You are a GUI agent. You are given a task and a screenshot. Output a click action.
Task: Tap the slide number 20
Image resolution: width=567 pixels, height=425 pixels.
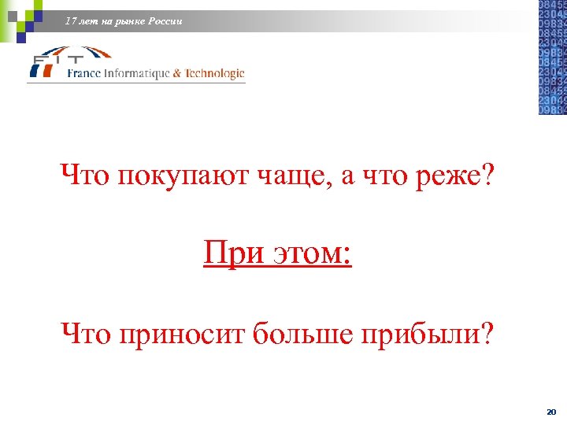[x=550, y=412]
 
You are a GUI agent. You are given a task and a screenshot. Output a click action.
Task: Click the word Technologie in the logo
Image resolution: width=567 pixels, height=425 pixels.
[x=214, y=73]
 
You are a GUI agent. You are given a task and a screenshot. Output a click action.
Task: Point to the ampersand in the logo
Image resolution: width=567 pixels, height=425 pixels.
[x=177, y=73]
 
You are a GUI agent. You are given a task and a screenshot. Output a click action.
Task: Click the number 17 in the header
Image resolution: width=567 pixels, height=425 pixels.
[x=72, y=21]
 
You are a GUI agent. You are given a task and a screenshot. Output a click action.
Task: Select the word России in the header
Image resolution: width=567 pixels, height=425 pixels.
[x=165, y=21]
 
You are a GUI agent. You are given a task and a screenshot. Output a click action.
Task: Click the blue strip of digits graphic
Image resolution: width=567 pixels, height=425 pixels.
[x=551, y=57]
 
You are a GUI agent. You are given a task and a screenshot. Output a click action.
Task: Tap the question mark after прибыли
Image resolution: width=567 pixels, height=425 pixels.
[x=490, y=335]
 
